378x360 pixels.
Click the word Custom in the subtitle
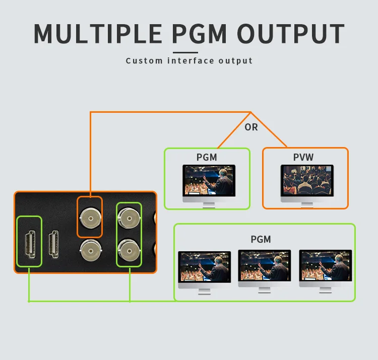pyautogui.click(x=144, y=61)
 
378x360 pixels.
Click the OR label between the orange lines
pyautogui.click(x=251, y=127)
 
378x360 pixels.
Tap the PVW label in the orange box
pyautogui.click(x=303, y=157)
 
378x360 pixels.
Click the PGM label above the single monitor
pyautogui.click(x=207, y=157)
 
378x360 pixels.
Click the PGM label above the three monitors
pyautogui.click(x=261, y=239)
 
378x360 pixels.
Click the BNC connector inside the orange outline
pyautogui.click(x=90, y=218)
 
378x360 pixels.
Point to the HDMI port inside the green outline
pyautogui.click(x=29, y=241)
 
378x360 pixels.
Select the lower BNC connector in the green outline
pyautogui.click(x=129, y=249)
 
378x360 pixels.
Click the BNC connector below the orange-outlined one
pyautogui.click(x=90, y=249)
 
